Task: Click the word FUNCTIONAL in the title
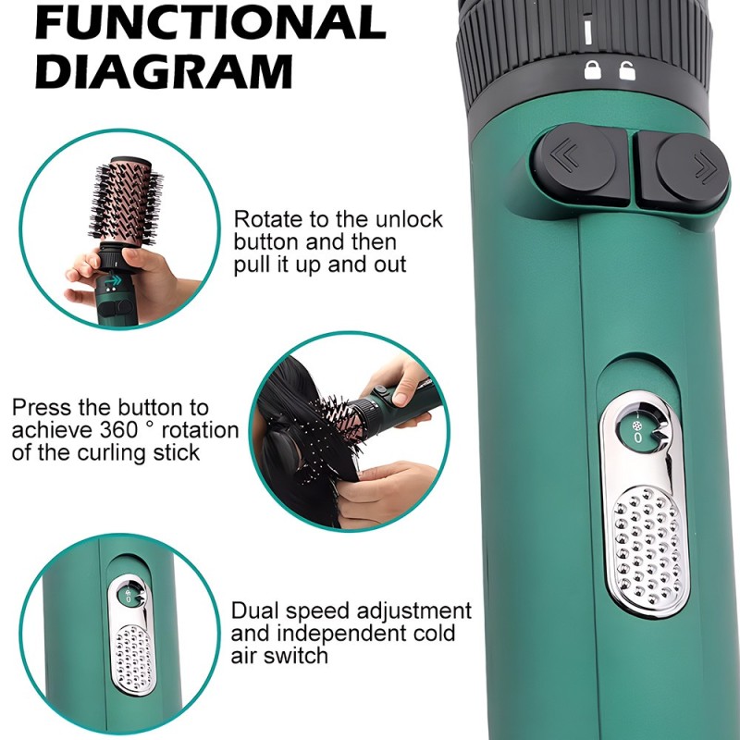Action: click(211, 21)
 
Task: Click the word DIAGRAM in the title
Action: click(164, 71)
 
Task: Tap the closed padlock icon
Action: click(592, 70)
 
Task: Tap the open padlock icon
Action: click(627, 70)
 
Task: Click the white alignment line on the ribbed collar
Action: click(587, 31)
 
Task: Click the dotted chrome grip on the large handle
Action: click(647, 547)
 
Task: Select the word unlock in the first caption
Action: click(409, 219)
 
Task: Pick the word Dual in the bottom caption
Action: click(255, 610)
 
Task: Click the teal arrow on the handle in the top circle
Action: click(113, 281)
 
